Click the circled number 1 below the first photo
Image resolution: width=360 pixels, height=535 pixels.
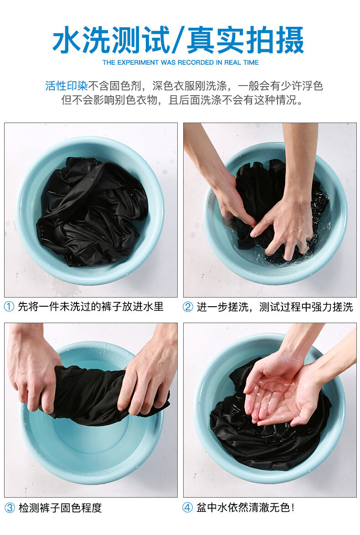pyautogui.click(x=9, y=306)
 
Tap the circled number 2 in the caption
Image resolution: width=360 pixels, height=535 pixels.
pyautogui.click(x=188, y=307)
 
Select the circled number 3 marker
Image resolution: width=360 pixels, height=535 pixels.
pyautogui.click(x=10, y=507)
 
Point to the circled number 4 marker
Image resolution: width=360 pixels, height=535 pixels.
pyautogui.click(x=188, y=507)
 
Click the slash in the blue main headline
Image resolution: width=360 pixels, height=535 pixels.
pyautogui.click(x=178, y=40)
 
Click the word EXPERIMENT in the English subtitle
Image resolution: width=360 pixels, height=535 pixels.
pyautogui.click(x=138, y=62)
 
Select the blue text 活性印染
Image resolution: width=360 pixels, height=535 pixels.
pyautogui.click(x=67, y=86)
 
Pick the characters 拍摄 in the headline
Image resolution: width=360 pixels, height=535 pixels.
pyautogui.click(x=275, y=40)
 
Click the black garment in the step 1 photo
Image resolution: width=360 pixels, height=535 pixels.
pyautogui.click(x=92, y=211)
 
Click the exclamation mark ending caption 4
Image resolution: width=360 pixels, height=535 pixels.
pyautogui.click(x=293, y=507)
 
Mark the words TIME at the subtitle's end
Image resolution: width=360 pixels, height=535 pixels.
pyautogui.click(x=251, y=62)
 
